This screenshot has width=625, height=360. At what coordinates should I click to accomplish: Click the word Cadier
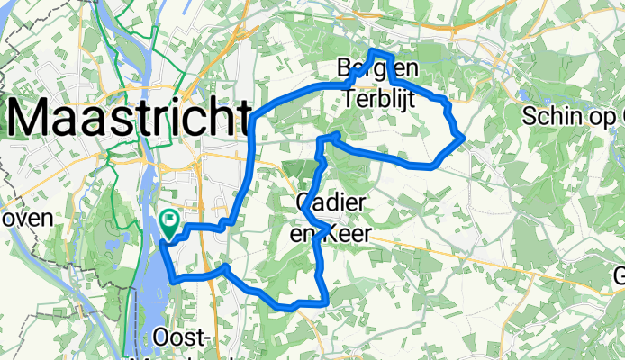(x=331, y=204)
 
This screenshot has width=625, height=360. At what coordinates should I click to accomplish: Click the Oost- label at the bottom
(x=183, y=337)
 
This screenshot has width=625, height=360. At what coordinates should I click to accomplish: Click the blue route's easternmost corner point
(x=462, y=136)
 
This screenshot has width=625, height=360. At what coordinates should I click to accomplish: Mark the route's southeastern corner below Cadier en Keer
(x=325, y=301)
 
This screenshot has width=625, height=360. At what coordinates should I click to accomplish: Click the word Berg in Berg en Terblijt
(x=351, y=67)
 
